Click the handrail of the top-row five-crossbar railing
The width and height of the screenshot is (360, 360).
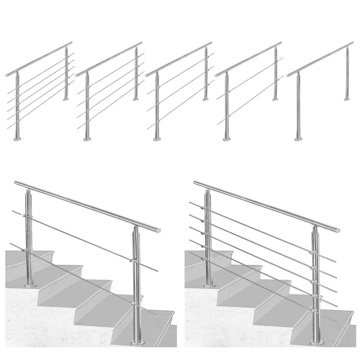tap(39, 58)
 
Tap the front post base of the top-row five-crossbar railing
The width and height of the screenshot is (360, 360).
tap(17, 138)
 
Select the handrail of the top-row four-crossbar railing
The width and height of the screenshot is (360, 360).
tap(109, 58)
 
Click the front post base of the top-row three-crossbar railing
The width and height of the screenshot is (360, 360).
tap(157, 138)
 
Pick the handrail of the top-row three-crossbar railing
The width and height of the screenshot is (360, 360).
tap(179, 58)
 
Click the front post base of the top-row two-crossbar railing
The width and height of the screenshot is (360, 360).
tap(227, 138)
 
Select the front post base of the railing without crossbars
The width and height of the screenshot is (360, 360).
tap(298, 138)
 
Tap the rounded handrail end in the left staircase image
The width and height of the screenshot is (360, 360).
tap(158, 230)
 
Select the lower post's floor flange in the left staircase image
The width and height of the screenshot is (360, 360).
tap(137, 342)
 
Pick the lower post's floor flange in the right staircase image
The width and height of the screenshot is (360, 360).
tap(317, 341)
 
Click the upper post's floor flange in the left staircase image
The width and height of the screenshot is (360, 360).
tap(30, 285)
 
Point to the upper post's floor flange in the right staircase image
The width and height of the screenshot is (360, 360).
tap(209, 284)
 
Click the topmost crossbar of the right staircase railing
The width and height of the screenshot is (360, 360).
tap(264, 231)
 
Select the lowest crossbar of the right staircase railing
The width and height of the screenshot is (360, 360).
tap(264, 287)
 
